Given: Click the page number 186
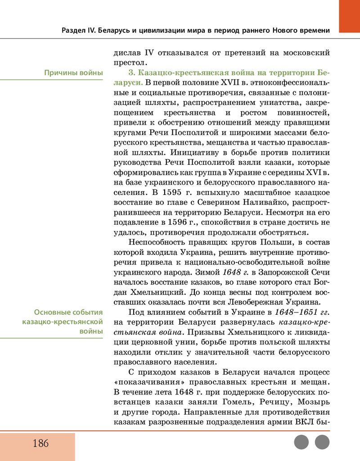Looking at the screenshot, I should [40, 443].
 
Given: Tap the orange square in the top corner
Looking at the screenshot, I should [349, 16].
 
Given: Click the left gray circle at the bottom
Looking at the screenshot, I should [301, 442].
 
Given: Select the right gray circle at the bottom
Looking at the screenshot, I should [322, 442].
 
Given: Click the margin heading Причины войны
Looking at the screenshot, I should [73, 73].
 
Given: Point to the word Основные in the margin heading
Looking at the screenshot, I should [52, 312].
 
